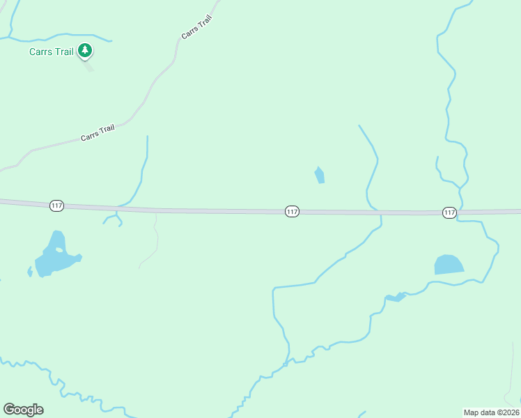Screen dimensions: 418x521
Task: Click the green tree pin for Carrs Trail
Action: click(x=85, y=50)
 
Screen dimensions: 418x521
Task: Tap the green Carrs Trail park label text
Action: click(x=51, y=52)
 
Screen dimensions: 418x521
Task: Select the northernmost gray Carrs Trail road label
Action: click(x=196, y=27)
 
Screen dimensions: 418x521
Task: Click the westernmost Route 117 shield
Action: click(x=57, y=206)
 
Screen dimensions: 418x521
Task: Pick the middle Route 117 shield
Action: click(x=292, y=211)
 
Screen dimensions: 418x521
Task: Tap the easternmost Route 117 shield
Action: click(x=449, y=212)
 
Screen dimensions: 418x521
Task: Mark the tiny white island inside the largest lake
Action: click(x=59, y=249)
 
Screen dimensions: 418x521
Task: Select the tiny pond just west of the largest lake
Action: click(x=29, y=271)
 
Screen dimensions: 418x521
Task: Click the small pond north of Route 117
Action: click(x=320, y=175)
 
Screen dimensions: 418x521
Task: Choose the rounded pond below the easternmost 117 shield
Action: click(x=449, y=265)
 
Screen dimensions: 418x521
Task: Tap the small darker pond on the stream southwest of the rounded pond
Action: click(x=395, y=298)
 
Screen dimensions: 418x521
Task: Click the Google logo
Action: click(x=23, y=410)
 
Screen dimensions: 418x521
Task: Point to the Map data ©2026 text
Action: click(x=491, y=412)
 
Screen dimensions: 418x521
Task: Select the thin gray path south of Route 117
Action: click(x=155, y=244)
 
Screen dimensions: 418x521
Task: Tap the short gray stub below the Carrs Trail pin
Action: click(x=88, y=66)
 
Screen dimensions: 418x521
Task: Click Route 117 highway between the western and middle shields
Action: click(x=174, y=210)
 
